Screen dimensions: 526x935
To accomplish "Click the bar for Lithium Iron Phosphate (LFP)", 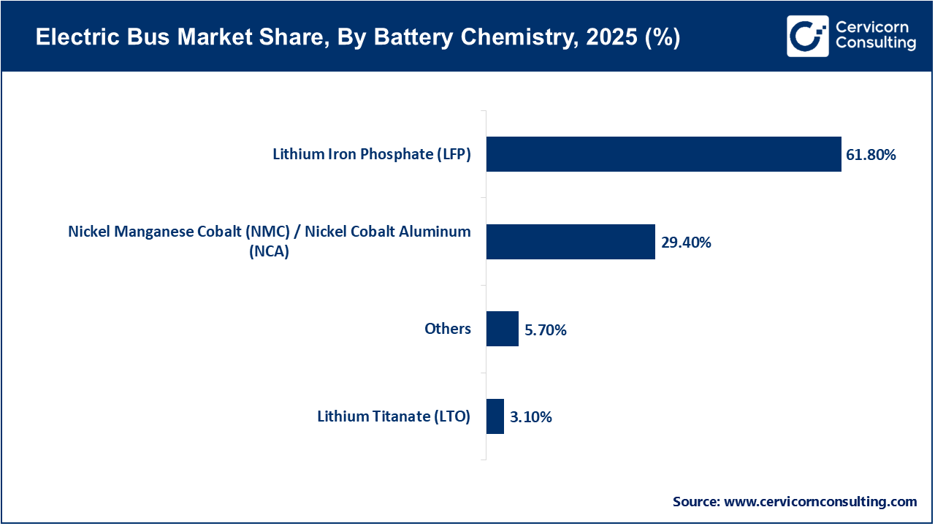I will pyautogui.click(x=663, y=154).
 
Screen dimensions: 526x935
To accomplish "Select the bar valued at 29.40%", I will pyautogui.click(x=570, y=242).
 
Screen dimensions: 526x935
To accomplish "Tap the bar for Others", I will pyautogui.click(x=502, y=329).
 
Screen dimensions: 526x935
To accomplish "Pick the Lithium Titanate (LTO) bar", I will pyautogui.click(x=495, y=416).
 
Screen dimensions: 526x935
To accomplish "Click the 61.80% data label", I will pyautogui.click(x=871, y=155).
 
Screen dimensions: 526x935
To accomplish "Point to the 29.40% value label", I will pyautogui.click(x=686, y=243).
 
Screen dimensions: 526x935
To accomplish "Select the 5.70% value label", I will pyautogui.click(x=546, y=330).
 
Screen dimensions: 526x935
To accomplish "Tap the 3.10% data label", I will pyautogui.click(x=531, y=418).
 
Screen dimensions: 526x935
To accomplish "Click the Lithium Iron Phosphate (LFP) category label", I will pyautogui.click(x=372, y=154).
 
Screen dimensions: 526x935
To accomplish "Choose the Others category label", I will pyautogui.click(x=448, y=329).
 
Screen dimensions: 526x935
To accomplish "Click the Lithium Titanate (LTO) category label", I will pyautogui.click(x=394, y=416).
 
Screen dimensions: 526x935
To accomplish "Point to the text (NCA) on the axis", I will pyautogui.click(x=270, y=251).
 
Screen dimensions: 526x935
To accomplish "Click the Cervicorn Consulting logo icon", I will pyautogui.click(x=807, y=36).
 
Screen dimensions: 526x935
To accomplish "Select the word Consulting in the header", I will pyautogui.click(x=876, y=44).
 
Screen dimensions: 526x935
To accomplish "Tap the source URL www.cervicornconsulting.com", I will pyautogui.click(x=820, y=502).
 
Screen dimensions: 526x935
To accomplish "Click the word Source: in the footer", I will pyautogui.click(x=696, y=502).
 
